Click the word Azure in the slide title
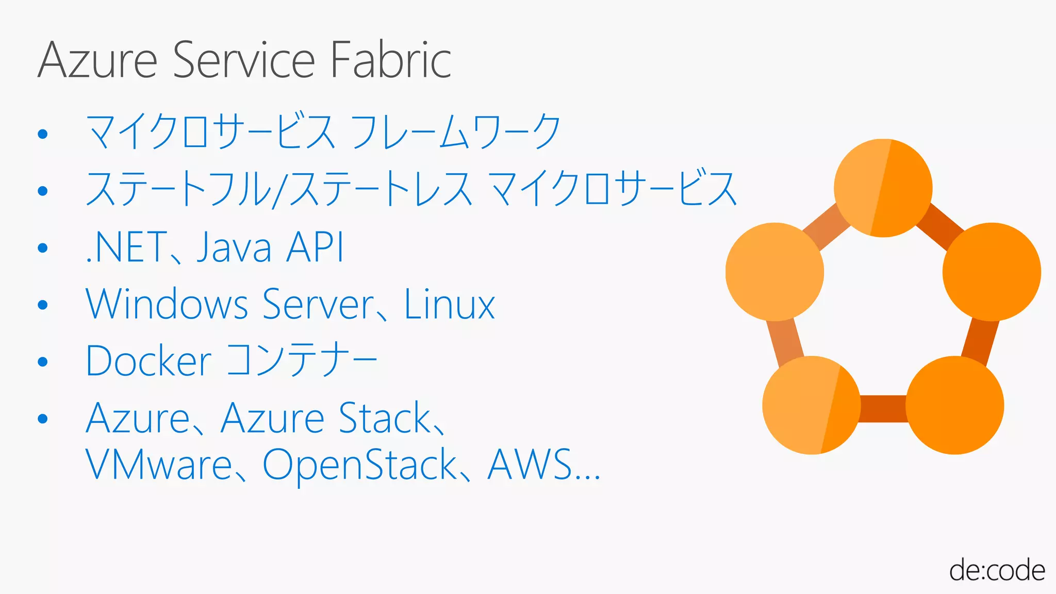(x=97, y=60)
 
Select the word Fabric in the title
(x=390, y=60)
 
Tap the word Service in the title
(x=243, y=60)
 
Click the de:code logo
(x=997, y=571)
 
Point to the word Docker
(x=148, y=360)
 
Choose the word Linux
(x=449, y=304)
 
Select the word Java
(x=234, y=247)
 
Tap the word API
(x=315, y=247)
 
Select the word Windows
(x=167, y=304)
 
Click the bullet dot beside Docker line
(x=43, y=362)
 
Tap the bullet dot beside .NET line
(x=43, y=248)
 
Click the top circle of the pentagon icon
(x=883, y=188)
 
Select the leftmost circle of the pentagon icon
(x=774, y=272)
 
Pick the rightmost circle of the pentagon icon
(x=992, y=272)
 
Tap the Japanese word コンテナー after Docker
(x=302, y=359)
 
